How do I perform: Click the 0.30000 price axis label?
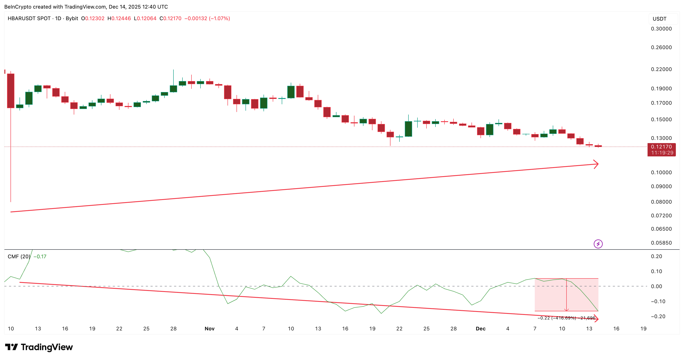point(661,29)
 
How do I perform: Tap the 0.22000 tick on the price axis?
point(661,69)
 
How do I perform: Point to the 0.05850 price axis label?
point(661,243)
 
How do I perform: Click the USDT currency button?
point(660,19)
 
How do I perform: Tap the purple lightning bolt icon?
point(598,244)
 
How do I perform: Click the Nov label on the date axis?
point(209,329)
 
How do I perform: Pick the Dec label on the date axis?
point(481,329)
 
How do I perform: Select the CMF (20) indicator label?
point(19,256)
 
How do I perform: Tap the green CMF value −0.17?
point(40,256)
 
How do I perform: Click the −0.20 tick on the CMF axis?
point(658,316)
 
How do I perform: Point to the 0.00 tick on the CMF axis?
point(656,286)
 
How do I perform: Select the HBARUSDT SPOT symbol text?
point(29,18)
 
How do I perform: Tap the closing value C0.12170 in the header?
point(170,18)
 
